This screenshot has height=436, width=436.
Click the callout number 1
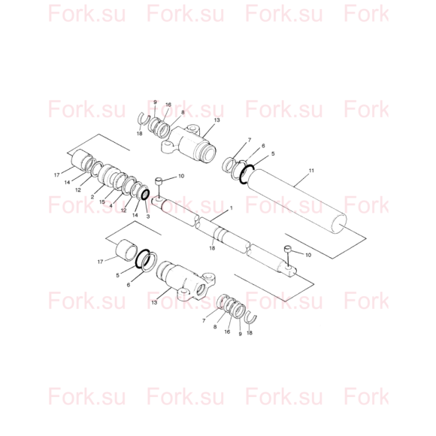(231, 208)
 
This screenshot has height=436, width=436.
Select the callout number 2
(92, 197)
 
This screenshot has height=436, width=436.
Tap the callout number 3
(148, 216)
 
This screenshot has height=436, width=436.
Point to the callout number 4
(111, 206)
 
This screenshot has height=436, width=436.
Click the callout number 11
(311, 171)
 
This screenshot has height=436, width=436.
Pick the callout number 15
(102, 202)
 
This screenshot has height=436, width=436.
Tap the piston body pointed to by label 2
(107, 174)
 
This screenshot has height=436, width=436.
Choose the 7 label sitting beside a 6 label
(249, 140)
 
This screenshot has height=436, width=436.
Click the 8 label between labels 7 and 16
(215, 327)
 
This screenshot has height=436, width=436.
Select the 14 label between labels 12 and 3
(135, 215)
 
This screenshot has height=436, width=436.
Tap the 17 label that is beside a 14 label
(56, 175)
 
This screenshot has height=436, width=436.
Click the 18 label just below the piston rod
(212, 248)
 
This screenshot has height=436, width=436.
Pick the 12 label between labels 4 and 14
(124, 210)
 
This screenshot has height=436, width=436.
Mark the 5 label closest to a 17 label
(117, 275)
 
